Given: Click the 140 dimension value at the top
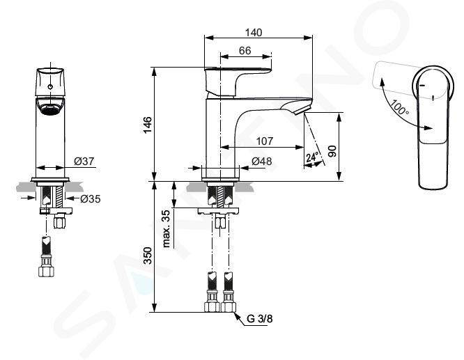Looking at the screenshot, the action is (x=254, y=33).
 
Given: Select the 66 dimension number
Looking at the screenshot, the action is (x=245, y=51).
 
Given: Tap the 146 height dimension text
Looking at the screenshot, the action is (x=148, y=125).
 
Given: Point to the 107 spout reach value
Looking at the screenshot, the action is (x=264, y=141).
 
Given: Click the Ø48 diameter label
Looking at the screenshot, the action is (x=262, y=162).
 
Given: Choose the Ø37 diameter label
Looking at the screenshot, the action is (x=84, y=162).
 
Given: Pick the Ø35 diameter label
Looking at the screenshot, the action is (x=91, y=199).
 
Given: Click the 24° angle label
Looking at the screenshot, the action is (x=312, y=157).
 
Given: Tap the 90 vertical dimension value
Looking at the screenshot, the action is (x=332, y=152).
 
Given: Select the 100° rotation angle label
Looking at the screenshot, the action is (x=399, y=108).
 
